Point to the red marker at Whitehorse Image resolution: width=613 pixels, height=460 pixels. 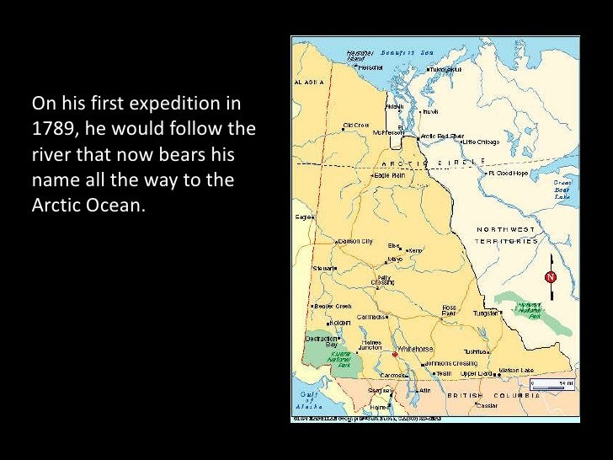point(395,355)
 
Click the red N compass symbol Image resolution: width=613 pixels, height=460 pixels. point(551,276)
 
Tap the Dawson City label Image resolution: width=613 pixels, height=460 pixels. point(354,240)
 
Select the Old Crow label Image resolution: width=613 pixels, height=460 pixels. point(355,126)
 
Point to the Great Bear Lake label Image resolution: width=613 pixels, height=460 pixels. point(562,189)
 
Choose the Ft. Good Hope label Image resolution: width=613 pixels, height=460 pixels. point(509,173)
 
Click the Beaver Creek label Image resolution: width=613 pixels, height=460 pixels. point(334,306)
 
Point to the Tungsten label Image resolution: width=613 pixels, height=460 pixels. point(486,313)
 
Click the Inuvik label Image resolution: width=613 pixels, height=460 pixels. point(429,111)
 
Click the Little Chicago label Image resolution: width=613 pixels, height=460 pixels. point(482,142)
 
